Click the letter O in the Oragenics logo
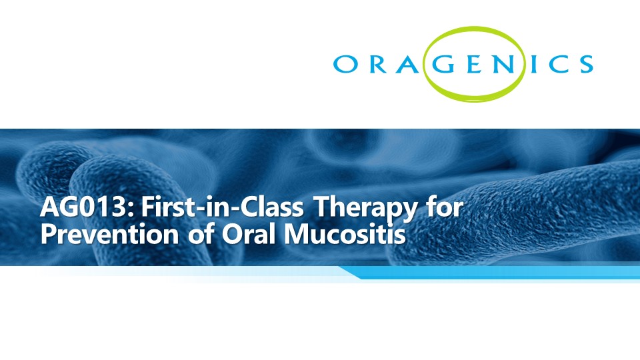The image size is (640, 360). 346,64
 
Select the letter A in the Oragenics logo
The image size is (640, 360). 407,64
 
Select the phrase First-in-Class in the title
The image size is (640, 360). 223,207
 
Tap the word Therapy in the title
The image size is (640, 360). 365,209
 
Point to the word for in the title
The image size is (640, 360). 445,207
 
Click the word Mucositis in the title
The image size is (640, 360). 345,234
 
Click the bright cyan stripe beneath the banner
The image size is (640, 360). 490,272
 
